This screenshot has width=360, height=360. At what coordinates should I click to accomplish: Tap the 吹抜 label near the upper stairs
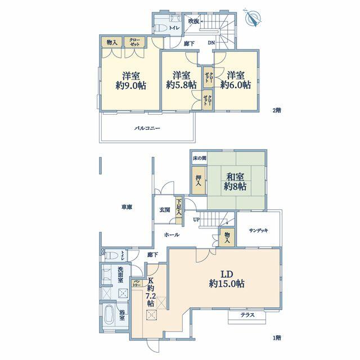click(193, 21)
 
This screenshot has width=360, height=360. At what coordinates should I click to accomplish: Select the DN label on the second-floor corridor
click(211, 43)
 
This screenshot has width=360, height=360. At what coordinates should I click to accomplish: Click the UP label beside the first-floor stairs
click(196, 219)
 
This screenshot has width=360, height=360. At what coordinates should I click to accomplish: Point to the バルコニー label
click(147, 128)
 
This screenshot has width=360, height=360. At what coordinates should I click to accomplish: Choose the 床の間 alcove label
click(199, 158)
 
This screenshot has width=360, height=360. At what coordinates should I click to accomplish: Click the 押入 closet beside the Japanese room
click(199, 181)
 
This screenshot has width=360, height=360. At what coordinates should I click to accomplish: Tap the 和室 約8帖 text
click(235, 182)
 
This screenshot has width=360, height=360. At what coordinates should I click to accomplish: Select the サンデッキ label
click(259, 230)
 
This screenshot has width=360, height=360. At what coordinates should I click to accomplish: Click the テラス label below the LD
click(247, 315)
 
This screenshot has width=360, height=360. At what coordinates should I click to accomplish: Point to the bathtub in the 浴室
click(110, 314)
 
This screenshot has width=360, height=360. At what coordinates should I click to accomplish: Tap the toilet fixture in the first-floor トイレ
click(111, 255)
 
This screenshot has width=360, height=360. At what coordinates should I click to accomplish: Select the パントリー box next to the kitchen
click(137, 283)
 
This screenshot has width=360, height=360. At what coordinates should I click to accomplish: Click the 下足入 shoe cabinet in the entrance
click(179, 210)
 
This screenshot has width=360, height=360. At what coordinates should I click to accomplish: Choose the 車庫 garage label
click(127, 207)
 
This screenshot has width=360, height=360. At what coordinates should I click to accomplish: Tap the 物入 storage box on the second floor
click(112, 42)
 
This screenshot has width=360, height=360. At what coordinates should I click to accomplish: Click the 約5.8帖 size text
click(181, 85)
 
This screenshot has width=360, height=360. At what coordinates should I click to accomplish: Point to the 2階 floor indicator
click(277, 110)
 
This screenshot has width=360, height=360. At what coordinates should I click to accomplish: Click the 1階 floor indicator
click(277, 337)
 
